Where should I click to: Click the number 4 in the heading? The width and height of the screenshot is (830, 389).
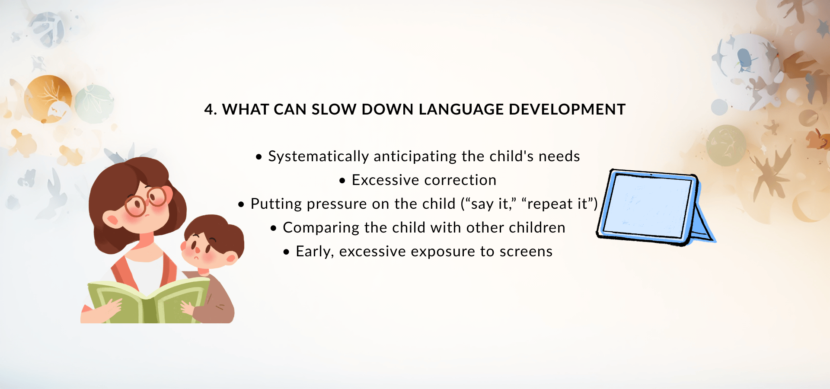point(209,110)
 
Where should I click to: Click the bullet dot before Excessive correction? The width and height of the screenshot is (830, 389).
point(342,181)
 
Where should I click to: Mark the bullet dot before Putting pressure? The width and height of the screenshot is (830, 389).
point(241,204)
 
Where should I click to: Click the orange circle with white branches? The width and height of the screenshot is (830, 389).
point(48,99)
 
